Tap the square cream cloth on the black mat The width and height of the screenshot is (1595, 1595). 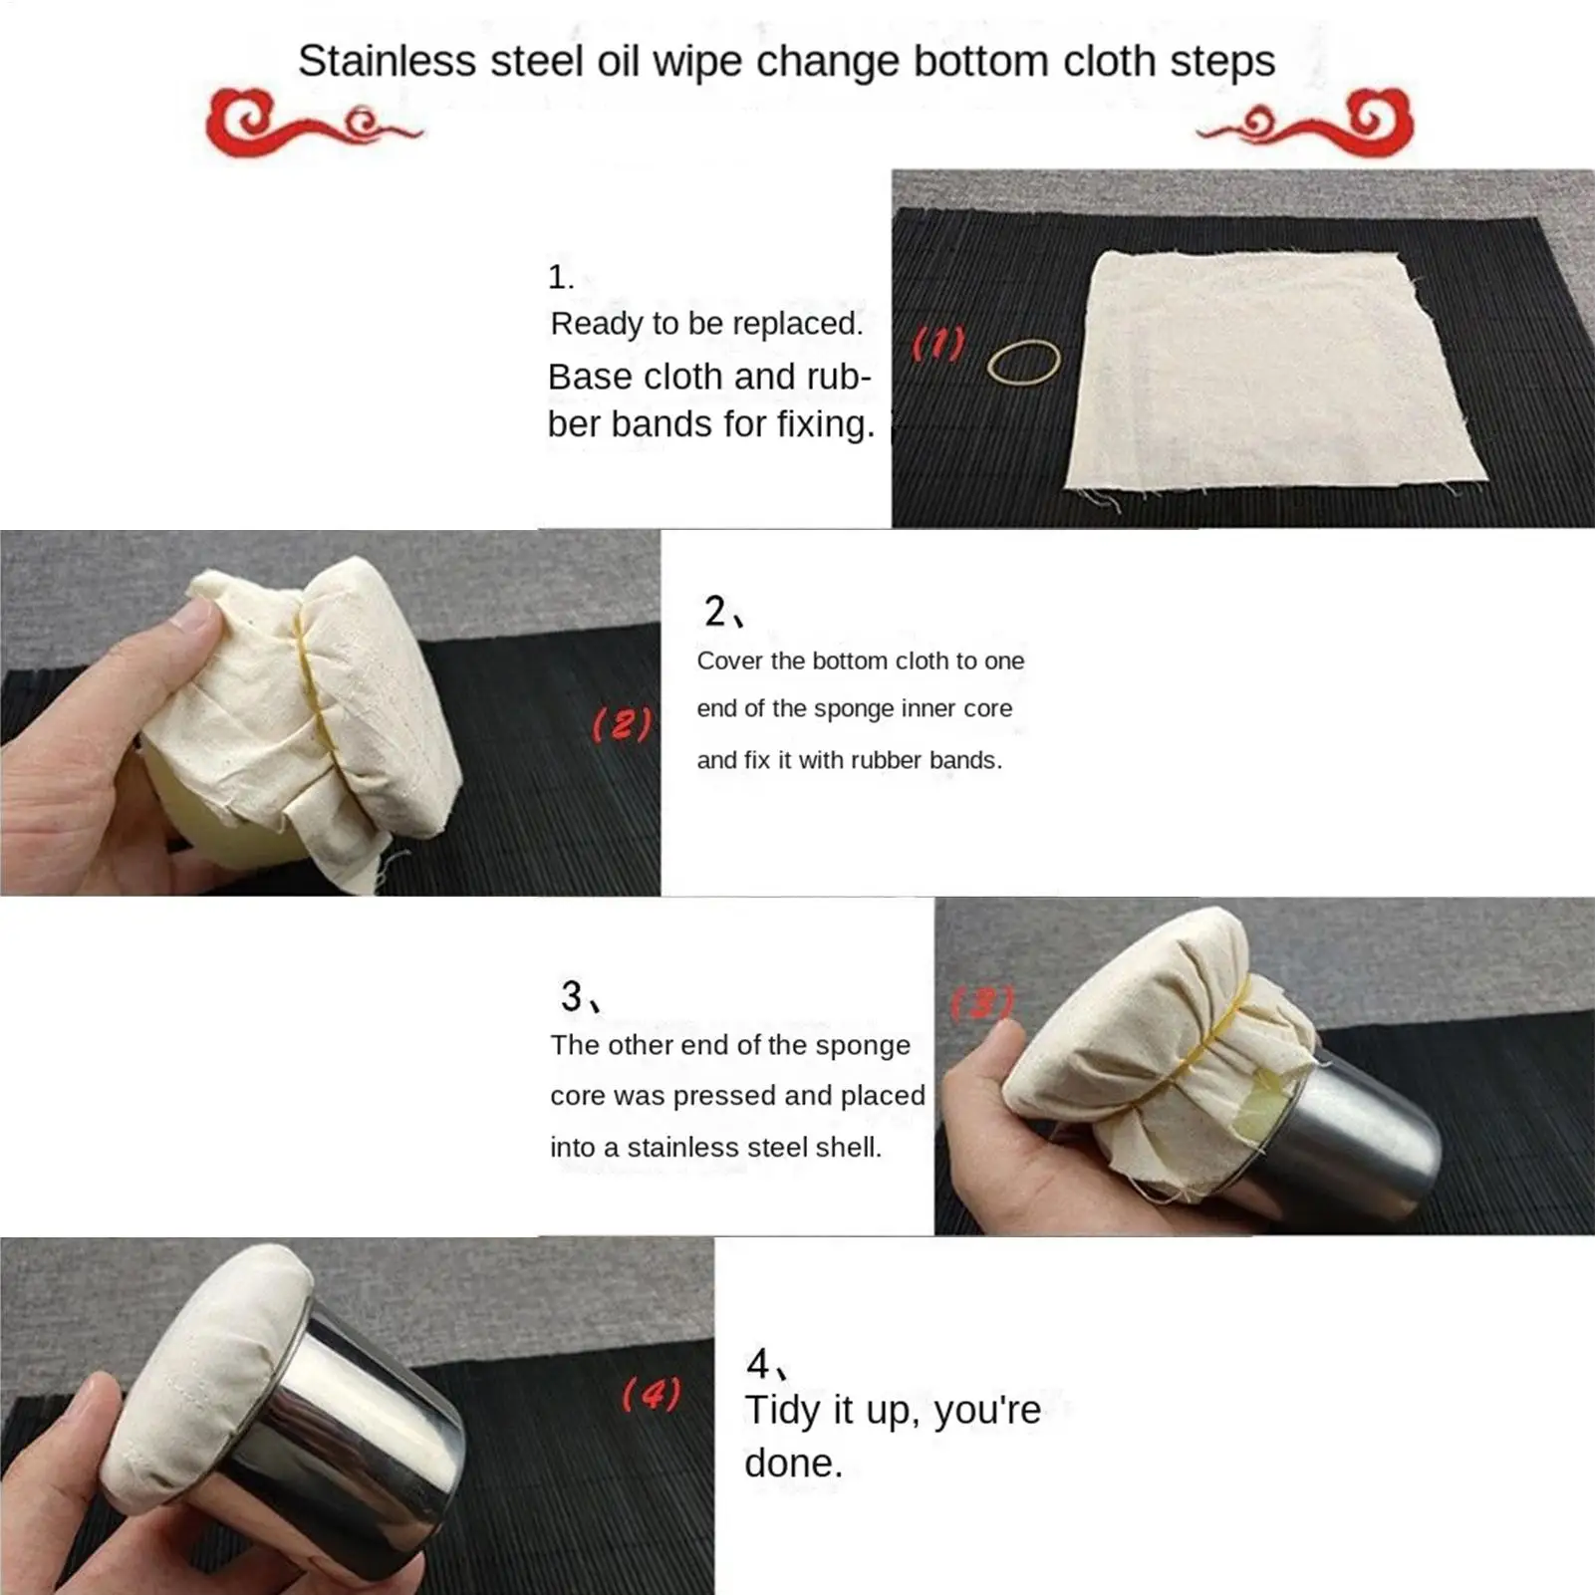point(1275,374)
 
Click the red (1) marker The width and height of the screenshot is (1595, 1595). point(938,344)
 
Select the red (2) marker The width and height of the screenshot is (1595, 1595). point(623,724)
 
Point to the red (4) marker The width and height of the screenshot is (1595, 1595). point(652,1394)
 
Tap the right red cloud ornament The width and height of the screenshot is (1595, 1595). point(1305,123)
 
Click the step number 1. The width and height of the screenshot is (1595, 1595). point(561,277)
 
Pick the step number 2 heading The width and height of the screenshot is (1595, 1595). point(723,611)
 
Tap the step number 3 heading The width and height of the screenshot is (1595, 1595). point(580,995)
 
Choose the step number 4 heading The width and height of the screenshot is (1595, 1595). point(767,1364)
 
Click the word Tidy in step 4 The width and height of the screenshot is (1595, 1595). point(784,1411)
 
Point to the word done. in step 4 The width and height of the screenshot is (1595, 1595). point(793,1463)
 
